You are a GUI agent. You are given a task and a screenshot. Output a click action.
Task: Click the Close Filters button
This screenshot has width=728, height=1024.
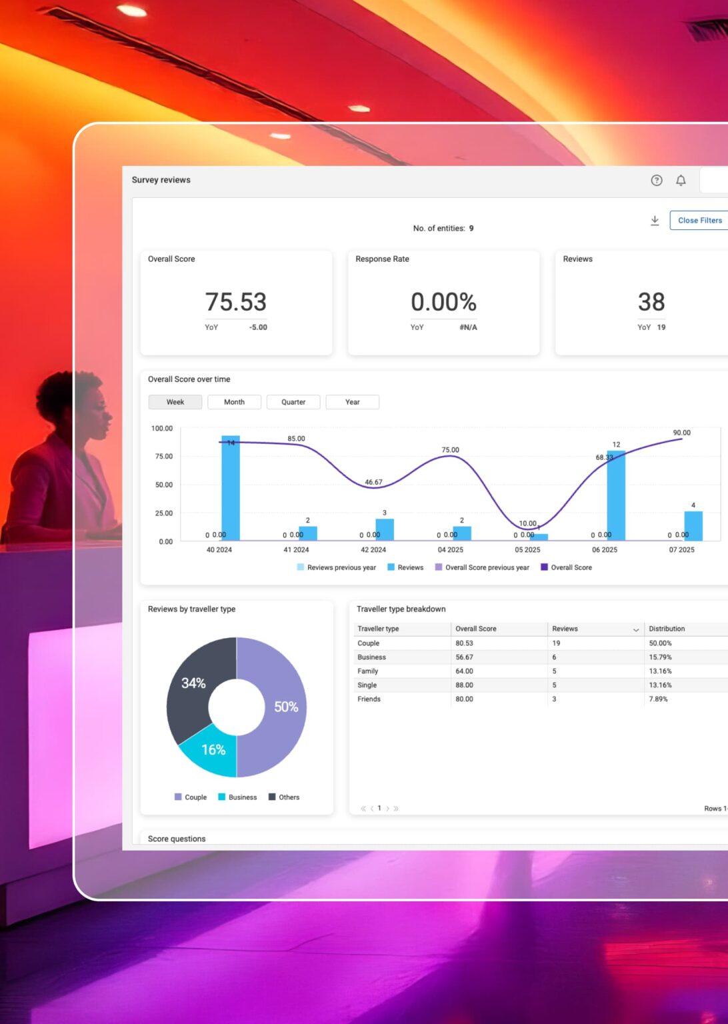tap(699, 221)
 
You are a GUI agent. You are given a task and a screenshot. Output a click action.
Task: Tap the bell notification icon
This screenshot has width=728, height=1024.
tap(681, 181)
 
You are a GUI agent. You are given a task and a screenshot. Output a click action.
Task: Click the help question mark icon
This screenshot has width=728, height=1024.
tap(657, 181)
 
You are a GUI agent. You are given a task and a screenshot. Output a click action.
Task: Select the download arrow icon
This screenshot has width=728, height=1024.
tap(655, 221)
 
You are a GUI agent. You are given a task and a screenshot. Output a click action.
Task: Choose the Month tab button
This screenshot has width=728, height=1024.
tap(234, 402)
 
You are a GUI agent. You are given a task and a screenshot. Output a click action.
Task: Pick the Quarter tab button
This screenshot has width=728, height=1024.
tap(293, 402)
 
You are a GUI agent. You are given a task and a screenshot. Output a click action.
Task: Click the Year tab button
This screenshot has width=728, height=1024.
tap(352, 402)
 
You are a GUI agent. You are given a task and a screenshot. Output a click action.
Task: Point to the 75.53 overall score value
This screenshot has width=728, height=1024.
tap(236, 302)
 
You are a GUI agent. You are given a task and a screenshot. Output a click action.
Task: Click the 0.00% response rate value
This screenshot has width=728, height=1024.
tap(443, 302)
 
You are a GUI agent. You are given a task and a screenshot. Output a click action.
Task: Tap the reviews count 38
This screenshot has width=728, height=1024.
tap(651, 302)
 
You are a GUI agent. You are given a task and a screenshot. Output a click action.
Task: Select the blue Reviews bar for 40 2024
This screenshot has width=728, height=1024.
tap(231, 490)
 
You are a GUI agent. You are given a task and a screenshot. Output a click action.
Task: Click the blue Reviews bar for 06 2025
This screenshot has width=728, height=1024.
tap(616, 497)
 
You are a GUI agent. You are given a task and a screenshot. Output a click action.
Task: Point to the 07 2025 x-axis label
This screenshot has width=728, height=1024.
tap(681, 550)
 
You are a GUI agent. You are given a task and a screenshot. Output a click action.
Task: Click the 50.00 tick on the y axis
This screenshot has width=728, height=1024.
tap(164, 485)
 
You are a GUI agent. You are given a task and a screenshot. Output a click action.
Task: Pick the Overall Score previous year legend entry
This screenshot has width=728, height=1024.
tap(487, 568)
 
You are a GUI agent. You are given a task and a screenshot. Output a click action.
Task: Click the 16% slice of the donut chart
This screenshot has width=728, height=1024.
tap(213, 752)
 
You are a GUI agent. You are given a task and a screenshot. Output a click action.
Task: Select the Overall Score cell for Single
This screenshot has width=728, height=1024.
tap(465, 685)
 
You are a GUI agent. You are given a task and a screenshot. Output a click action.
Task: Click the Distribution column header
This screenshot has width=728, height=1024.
tap(667, 629)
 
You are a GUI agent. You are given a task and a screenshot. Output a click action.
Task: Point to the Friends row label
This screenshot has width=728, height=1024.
tap(369, 699)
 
